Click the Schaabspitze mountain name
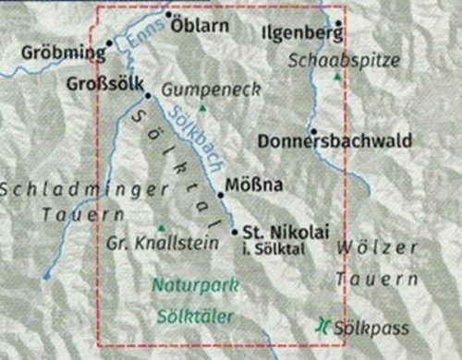(x=345, y=60)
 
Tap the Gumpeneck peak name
(x=210, y=90)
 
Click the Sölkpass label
(x=361, y=324)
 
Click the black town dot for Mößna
(x=221, y=195)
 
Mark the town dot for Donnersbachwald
(x=314, y=131)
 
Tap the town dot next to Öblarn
(x=168, y=16)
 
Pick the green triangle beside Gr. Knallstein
(x=164, y=228)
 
